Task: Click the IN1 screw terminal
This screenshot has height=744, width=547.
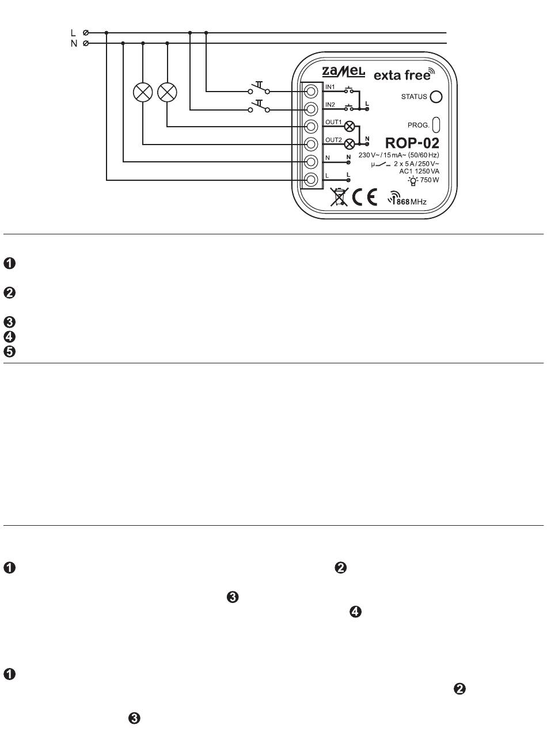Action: tap(310, 92)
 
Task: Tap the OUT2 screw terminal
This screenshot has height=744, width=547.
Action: tap(310, 144)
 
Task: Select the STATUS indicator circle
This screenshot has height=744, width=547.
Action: tap(436, 97)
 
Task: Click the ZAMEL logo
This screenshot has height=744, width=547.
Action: tap(343, 72)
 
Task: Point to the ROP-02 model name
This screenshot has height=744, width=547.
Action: tap(412, 143)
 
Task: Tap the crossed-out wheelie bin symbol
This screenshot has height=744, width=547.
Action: tap(339, 196)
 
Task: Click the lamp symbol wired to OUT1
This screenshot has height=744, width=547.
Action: tap(167, 92)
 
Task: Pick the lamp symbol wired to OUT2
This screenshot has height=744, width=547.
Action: tap(143, 92)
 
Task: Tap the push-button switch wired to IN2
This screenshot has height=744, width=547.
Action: tap(259, 107)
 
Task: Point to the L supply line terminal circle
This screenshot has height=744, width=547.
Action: tap(86, 33)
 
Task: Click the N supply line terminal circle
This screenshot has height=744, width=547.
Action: tap(86, 43)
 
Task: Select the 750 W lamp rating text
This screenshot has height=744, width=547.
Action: tap(430, 180)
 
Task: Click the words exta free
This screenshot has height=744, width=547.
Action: tap(402, 75)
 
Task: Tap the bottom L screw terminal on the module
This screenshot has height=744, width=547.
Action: tap(310, 179)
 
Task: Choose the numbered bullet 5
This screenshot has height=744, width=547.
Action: tap(9, 351)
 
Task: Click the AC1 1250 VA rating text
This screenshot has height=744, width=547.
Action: tap(419, 172)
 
